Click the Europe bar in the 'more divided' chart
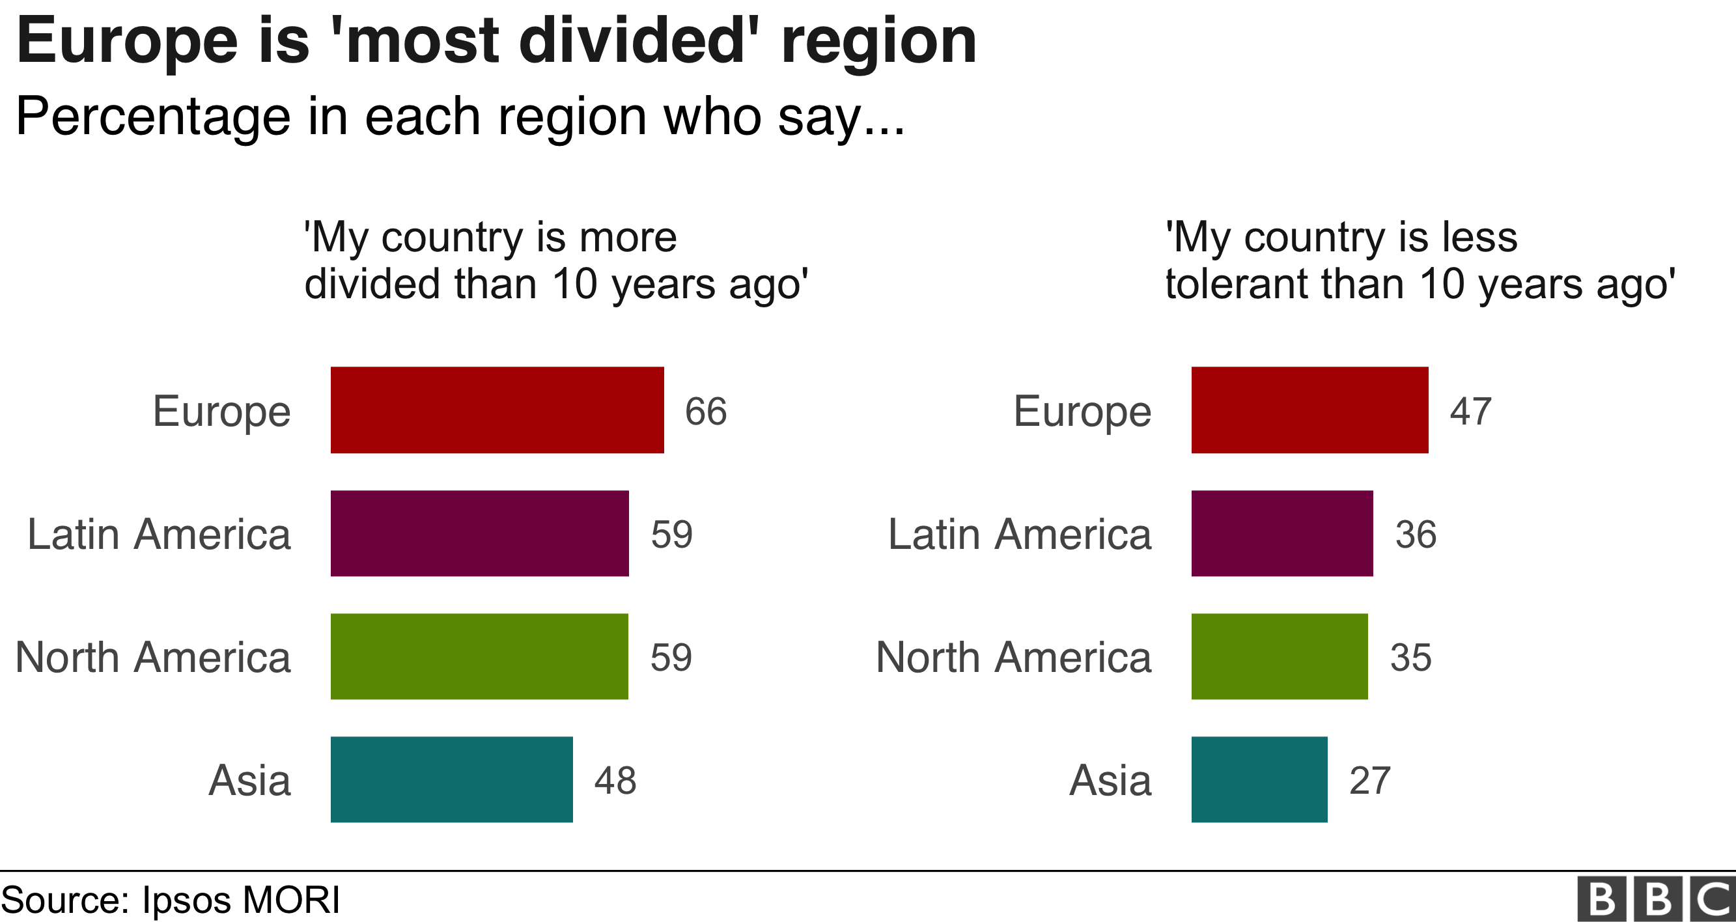pyautogui.click(x=497, y=410)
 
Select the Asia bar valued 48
pyautogui.click(x=451, y=780)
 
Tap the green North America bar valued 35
pyautogui.click(x=1279, y=656)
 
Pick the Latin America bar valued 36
pyautogui.click(x=1281, y=533)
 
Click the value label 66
pyautogui.click(x=706, y=411)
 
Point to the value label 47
pyautogui.click(x=1470, y=411)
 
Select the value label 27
pyautogui.click(x=1369, y=781)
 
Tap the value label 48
pyautogui.click(x=615, y=781)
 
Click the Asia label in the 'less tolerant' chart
pyautogui.click(x=1110, y=781)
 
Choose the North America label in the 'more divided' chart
pyautogui.click(x=153, y=657)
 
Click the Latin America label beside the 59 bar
pyautogui.click(x=159, y=535)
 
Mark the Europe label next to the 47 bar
pyautogui.click(x=1082, y=411)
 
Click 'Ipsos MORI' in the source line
pyautogui.click(x=240, y=900)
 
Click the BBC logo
pyautogui.click(x=1656, y=899)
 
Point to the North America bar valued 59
pyautogui.click(x=479, y=656)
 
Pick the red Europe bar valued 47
pyautogui.click(x=1309, y=410)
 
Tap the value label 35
pyautogui.click(x=1410, y=657)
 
